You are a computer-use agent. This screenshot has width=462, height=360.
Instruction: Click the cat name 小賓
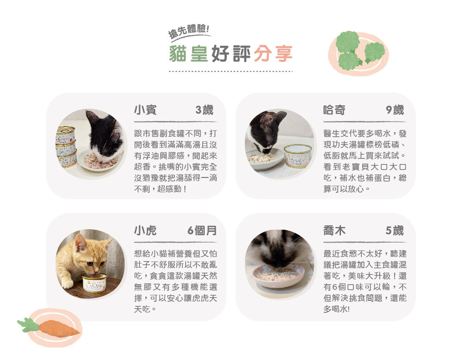tap(145, 110)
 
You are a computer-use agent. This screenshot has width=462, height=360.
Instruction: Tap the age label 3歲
tap(204, 110)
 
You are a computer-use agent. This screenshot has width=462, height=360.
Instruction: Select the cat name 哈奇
tap(334, 110)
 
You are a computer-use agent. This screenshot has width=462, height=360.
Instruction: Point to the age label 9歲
tap(395, 110)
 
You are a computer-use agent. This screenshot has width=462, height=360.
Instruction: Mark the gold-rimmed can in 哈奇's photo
tap(298, 155)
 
